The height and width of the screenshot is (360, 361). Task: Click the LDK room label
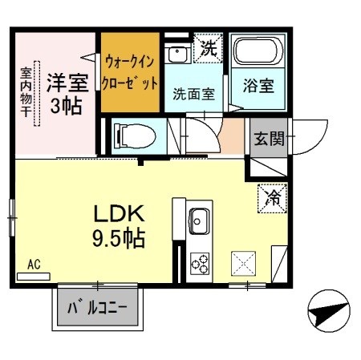click(x=120, y=214)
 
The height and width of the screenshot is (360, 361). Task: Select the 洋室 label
click(x=66, y=82)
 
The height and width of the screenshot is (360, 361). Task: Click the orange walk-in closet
click(x=130, y=72)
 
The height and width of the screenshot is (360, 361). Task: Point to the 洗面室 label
click(x=193, y=92)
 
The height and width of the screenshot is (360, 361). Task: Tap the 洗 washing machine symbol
click(x=207, y=47)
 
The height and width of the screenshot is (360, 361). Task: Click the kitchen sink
click(x=198, y=220)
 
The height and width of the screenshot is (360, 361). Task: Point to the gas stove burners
click(x=198, y=261)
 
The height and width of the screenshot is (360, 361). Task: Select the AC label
click(x=34, y=263)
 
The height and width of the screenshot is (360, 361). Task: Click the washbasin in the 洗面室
click(x=176, y=55)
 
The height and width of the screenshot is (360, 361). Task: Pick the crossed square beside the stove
click(x=243, y=262)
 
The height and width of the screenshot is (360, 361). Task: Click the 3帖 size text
click(x=66, y=105)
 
